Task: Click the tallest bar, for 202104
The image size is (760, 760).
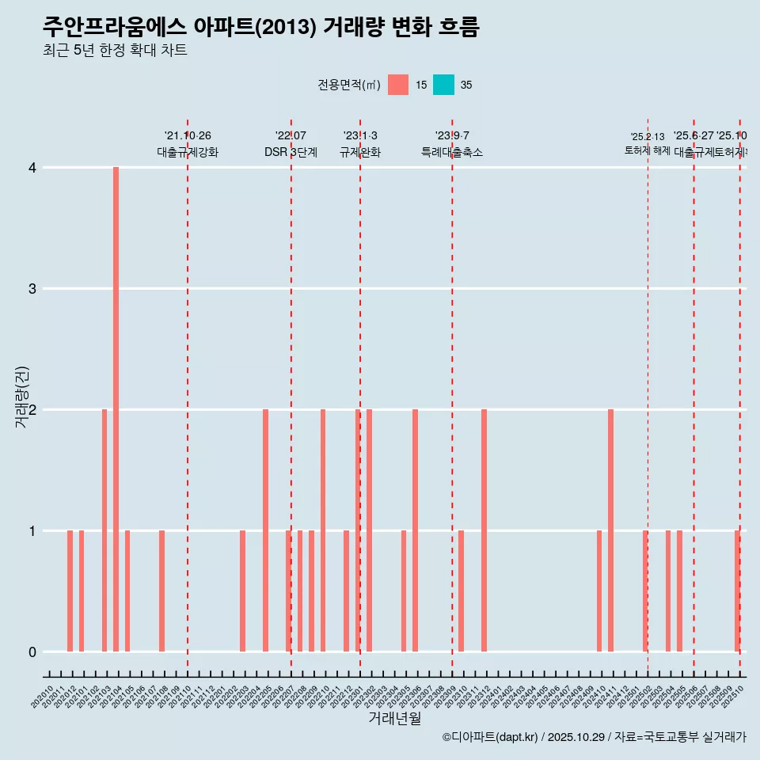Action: pyautogui.click(x=116, y=409)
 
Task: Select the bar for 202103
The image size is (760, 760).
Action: pyautogui.click(x=104, y=530)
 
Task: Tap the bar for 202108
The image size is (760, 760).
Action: pyautogui.click(x=161, y=591)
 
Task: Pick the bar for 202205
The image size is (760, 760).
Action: pyautogui.click(x=265, y=530)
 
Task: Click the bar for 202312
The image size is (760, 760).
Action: pyautogui.click(x=484, y=530)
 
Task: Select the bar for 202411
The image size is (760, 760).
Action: pyautogui.click(x=610, y=530)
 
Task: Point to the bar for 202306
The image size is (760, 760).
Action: pyautogui.click(x=415, y=530)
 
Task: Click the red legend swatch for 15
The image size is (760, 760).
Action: pyautogui.click(x=398, y=85)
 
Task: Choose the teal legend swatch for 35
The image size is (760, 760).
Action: pyautogui.click(x=443, y=85)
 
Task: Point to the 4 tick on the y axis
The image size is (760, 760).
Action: pyautogui.click(x=32, y=168)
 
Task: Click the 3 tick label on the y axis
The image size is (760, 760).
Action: pyautogui.click(x=32, y=289)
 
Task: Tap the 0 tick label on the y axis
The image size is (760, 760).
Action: pyautogui.click(x=32, y=652)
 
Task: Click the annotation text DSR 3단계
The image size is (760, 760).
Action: pyautogui.click(x=291, y=153)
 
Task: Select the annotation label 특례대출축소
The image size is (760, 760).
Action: pyautogui.click(x=451, y=153)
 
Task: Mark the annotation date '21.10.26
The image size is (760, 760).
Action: pyautogui.click(x=188, y=136)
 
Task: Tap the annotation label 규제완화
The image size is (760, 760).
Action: pyautogui.click(x=360, y=153)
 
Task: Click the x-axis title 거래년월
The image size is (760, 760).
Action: pyautogui.click(x=394, y=718)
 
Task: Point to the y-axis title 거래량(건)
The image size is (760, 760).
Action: pyautogui.click(x=21, y=397)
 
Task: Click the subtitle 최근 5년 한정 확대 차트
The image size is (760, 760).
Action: pyautogui.click(x=115, y=51)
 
